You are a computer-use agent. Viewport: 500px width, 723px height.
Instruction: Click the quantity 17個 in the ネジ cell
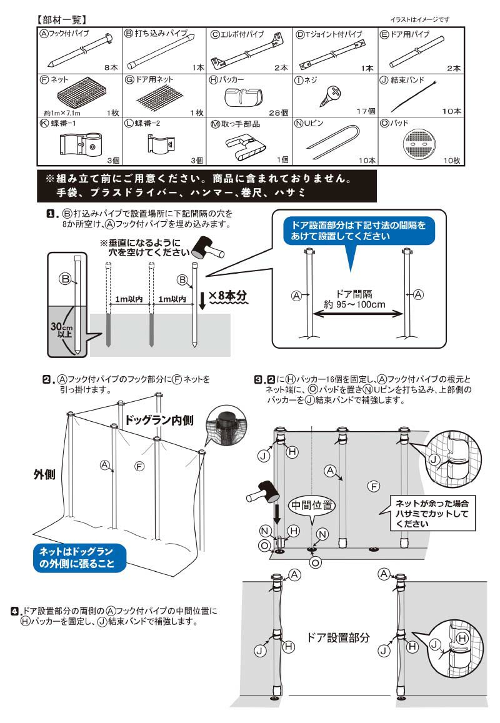[x=364, y=111]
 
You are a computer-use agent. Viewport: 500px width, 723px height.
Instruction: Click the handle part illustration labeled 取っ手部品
[x=244, y=145]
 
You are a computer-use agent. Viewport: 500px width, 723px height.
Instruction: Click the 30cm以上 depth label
[x=62, y=331]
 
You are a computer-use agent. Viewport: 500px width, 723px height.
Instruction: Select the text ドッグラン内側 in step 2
[x=165, y=420]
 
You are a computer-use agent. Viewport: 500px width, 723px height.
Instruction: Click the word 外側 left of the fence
[x=46, y=474]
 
